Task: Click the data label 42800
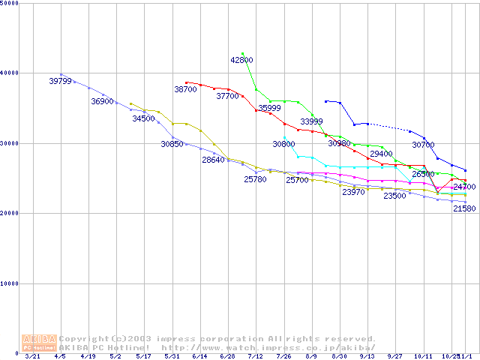coord(241,60)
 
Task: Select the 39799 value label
coord(60,81)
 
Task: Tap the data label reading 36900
coord(102,101)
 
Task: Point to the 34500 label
coord(143,118)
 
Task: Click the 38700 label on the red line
coord(185,89)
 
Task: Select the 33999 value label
coord(311,121)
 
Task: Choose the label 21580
coord(464,208)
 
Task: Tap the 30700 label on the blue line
coord(423,145)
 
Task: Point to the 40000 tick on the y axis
coord(9,73)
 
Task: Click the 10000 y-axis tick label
coord(9,283)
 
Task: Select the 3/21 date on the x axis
coord(32,356)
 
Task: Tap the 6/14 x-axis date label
coord(199,356)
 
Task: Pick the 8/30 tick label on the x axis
coord(339,356)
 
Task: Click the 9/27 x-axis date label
coord(394,356)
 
